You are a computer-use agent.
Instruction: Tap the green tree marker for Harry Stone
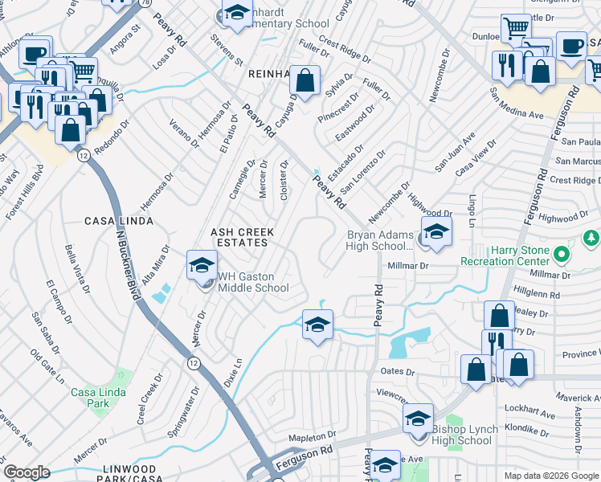click(591, 238)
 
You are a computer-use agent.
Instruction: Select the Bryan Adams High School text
click(379, 240)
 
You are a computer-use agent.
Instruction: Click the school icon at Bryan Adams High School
click(435, 231)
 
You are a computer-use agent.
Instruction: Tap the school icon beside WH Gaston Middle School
click(202, 265)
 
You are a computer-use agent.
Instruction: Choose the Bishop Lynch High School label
click(462, 435)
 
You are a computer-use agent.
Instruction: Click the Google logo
click(27, 472)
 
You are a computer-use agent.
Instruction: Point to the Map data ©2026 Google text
click(550, 476)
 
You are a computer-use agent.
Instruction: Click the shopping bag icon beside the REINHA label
click(305, 80)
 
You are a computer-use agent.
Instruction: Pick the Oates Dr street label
click(399, 372)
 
